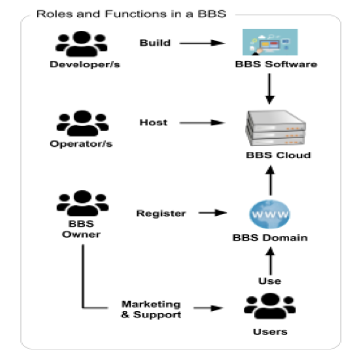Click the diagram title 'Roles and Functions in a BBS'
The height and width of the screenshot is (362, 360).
tap(131, 14)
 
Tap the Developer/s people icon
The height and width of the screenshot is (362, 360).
tap(81, 44)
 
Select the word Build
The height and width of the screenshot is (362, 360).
tap(155, 43)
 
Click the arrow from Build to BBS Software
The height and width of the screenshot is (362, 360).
tap(202, 43)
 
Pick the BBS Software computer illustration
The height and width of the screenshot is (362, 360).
tap(270, 42)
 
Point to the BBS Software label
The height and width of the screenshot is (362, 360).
tap(276, 64)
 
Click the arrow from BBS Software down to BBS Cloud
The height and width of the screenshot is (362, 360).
tap(269, 89)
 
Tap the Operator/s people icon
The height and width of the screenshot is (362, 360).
tap(82, 123)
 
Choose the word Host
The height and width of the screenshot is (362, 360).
tap(153, 122)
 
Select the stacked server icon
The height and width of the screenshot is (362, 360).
tap(275, 128)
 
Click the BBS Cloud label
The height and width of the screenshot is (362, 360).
tap(278, 155)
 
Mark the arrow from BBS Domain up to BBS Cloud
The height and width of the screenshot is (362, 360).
tap(270, 180)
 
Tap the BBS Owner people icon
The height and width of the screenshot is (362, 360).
tap(82, 203)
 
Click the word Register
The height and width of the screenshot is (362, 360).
tap(161, 214)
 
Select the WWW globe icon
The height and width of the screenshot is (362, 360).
tap(270, 214)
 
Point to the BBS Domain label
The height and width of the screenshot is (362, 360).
tap(270, 238)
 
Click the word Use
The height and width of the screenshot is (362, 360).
tap(270, 281)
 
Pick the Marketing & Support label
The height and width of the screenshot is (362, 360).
tap(151, 309)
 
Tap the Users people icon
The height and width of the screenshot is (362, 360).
tap(270, 306)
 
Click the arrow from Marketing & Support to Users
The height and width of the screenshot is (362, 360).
tap(209, 308)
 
